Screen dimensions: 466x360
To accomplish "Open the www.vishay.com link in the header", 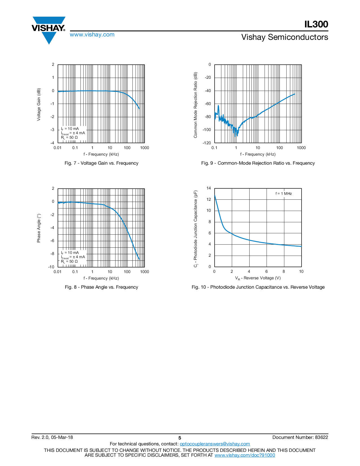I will point(92,35).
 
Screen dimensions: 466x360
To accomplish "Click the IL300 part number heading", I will point(316,24).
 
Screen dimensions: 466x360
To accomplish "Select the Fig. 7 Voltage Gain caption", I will point(101,163).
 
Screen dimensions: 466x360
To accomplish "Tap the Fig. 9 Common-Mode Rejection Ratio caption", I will point(258,163).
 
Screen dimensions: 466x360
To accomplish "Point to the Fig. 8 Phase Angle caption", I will point(101,287).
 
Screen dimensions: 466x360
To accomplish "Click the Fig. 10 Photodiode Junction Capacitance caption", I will point(258,287).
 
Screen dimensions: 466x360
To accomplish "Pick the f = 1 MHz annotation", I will point(283,194).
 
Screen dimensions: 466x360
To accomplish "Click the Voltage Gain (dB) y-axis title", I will point(39,104).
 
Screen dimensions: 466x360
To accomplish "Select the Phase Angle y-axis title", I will point(39,228).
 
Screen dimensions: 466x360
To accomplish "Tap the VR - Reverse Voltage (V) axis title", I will point(258,278).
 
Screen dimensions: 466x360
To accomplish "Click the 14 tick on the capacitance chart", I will point(209,188).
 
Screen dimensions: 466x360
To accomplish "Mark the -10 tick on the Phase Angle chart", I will point(51,267).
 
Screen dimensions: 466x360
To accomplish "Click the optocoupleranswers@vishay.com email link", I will point(215,444).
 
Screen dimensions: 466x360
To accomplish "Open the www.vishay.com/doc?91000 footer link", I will point(245,455).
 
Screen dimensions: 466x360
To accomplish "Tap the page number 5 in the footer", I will point(180,438).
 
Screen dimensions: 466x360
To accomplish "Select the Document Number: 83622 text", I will point(300,437).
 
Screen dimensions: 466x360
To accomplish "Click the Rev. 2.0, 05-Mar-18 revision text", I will point(52,437).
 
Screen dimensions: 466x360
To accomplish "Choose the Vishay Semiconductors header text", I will point(285,37).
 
